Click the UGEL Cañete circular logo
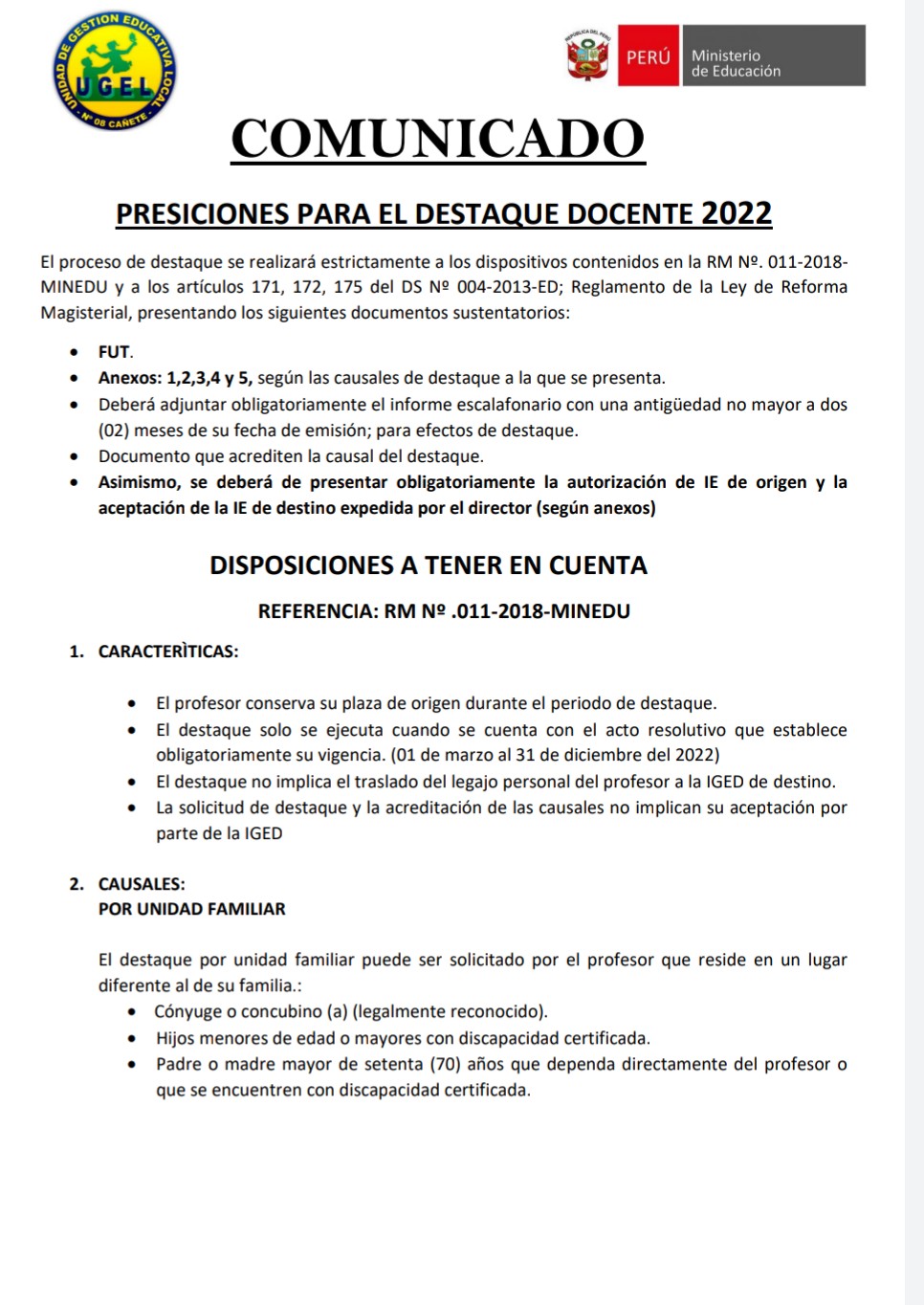tap(114, 73)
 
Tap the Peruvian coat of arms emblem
tap(587, 56)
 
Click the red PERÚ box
tap(648, 56)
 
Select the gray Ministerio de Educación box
tap(773, 56)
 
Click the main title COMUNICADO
tap(438, 140)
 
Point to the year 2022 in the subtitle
tap(736, 213)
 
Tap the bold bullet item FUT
tap(114, 352)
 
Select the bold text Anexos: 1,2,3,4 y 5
tap(175, 378)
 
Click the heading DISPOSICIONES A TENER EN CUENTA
tap(429, 565)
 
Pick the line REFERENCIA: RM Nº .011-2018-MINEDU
tap(444, 611)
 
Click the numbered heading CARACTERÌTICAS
tap(167, 652)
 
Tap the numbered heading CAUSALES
tap(141, 884)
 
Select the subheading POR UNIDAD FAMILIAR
tap(191, 909)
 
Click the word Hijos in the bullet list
tap(175, 1038)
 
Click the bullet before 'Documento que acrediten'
tap(75, 456)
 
